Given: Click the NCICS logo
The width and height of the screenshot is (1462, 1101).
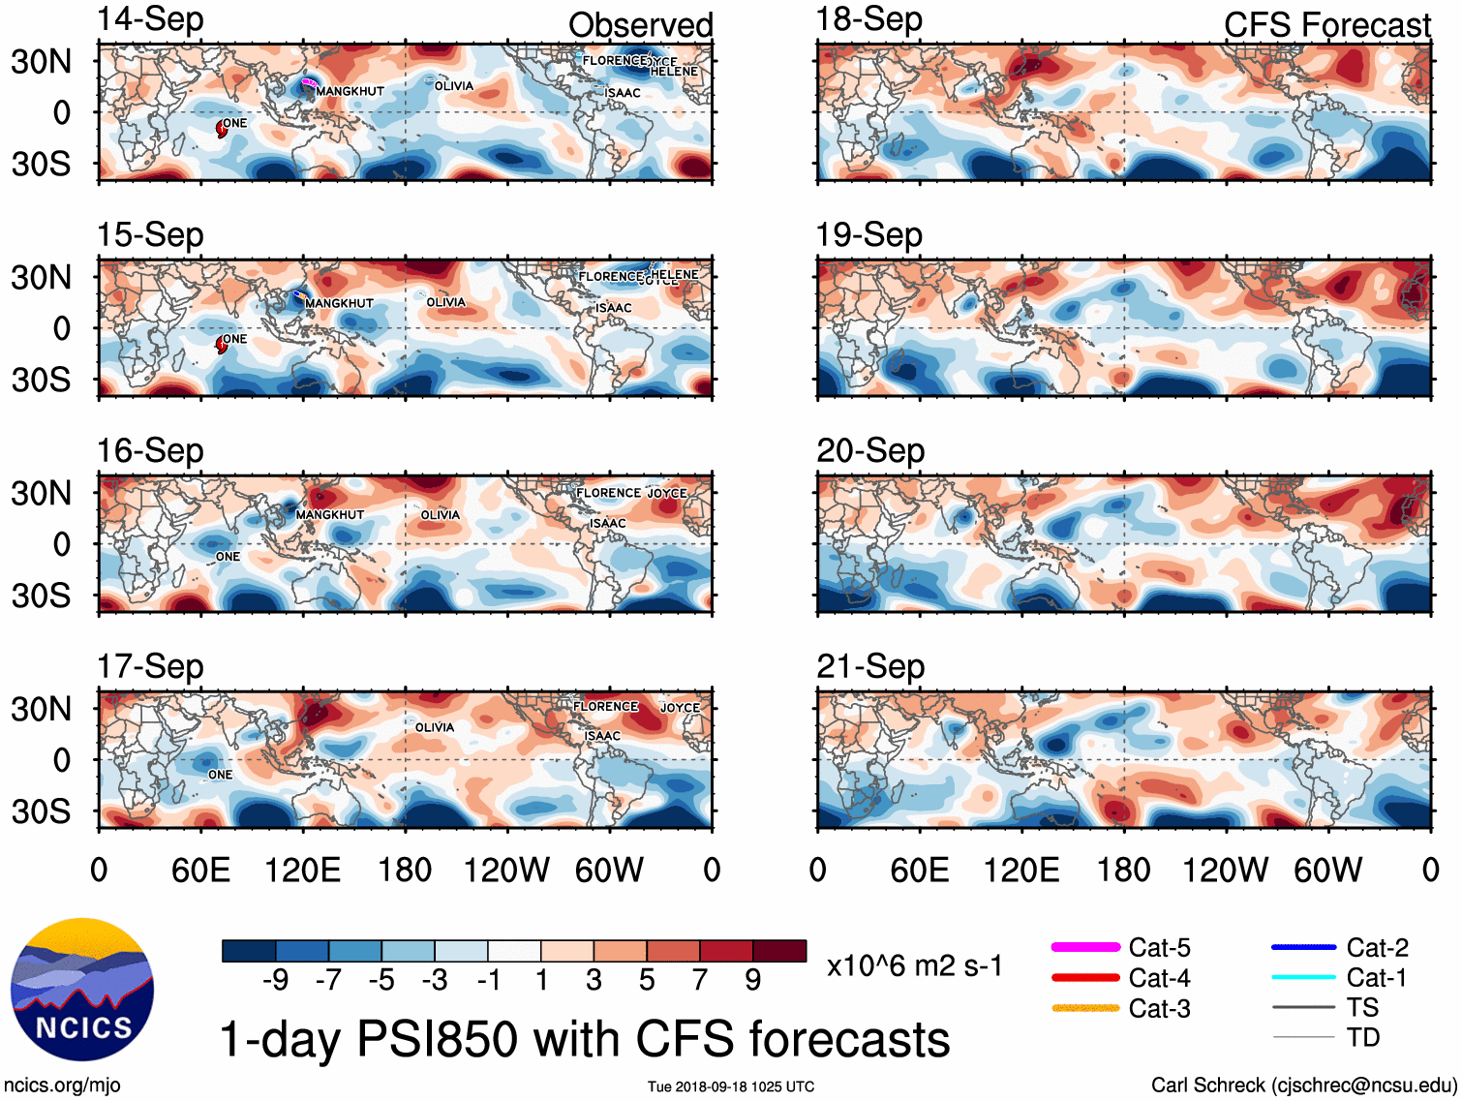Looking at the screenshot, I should tap(82, 989).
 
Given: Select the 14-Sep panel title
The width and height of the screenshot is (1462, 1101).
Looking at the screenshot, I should tap(150, 19).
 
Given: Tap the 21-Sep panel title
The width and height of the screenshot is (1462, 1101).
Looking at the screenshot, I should tap(870, 666).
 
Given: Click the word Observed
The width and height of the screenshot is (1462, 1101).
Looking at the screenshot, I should tap(640, 25).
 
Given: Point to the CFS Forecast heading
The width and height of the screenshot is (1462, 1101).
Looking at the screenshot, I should tap(1326, 25).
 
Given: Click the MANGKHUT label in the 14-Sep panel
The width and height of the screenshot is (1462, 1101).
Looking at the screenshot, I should tap(350, 91).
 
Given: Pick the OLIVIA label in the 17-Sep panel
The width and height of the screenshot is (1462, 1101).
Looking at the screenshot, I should tap(435, 727).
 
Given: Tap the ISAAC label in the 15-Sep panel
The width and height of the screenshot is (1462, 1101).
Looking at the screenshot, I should tap(613, 308).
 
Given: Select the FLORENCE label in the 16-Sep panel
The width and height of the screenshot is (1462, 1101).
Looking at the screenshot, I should tap(608, 493).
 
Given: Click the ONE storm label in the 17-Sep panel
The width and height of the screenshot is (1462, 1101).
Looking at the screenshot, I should tap(220, 775).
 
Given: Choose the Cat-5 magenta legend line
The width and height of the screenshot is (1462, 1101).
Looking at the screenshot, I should tap(1085, 947).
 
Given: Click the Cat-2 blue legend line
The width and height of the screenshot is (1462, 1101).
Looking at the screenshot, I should tap(1303, 947).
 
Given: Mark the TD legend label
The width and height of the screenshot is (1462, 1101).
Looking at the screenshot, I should tap(1362, 1038).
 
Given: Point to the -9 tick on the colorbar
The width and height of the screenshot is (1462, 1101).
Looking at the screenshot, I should tap(275, 981).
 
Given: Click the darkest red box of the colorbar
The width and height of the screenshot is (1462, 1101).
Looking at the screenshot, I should tap(779, 951).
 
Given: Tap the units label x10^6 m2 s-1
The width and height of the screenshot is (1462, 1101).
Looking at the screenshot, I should tap(914, 966).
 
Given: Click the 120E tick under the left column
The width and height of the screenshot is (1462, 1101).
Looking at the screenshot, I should tap(302, 871).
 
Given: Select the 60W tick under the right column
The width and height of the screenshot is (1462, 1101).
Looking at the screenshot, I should tap(1327, 871).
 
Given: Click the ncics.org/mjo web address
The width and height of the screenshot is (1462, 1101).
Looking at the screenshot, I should tap(62, 1086).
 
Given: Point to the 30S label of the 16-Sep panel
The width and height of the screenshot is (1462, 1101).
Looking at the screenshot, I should tap(41, 596).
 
